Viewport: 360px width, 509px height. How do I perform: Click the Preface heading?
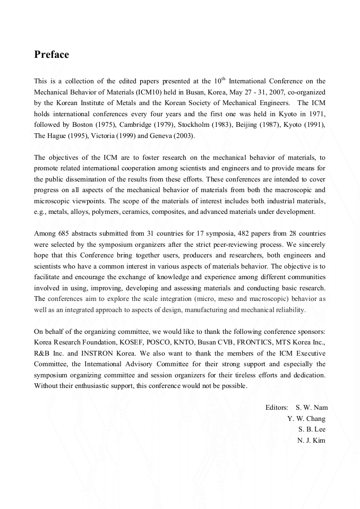[x=52, y=55]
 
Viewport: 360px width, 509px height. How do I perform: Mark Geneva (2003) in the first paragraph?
[x=176, y=135]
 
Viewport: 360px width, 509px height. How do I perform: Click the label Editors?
[x=277, y=408]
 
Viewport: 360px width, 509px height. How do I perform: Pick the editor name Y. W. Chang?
[x=306, y=418]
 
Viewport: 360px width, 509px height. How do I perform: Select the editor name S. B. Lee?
[x=312, y=429]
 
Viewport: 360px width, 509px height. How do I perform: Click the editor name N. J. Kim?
[x=311, y=440]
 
